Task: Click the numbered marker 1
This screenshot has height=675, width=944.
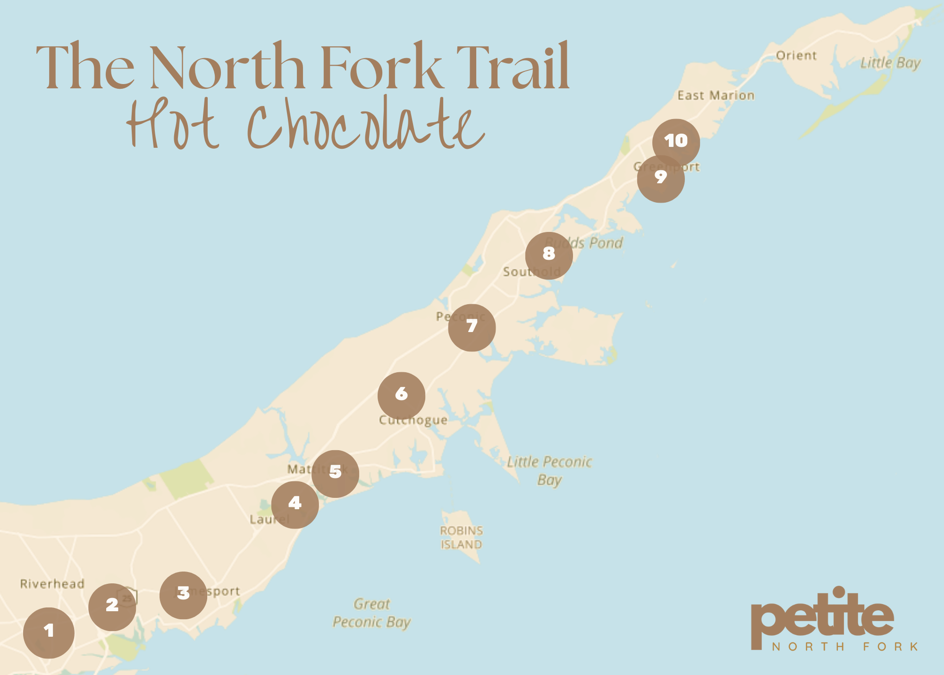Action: tap(49, 632)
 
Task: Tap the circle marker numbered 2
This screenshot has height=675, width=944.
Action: tap(112, 607)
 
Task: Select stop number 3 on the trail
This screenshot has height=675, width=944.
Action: tap(183, 595)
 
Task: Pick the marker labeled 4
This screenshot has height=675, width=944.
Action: tap(295, 504)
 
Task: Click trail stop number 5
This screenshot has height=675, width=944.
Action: tap(335, 473)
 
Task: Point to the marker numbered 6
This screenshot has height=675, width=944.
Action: tap(401, 395)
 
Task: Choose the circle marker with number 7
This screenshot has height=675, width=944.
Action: tap(472, 327)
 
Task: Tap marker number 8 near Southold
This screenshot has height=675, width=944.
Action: tap(548, 256)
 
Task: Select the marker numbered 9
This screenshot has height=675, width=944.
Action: tap(660, 179)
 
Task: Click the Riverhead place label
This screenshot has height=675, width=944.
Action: tap(52, 584)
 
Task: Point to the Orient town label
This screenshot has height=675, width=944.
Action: tap(796, 56)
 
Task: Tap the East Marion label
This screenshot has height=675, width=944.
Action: tap(716, 95)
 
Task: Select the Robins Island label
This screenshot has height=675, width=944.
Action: tap(461, 538)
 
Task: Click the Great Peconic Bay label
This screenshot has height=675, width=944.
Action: tap(371, 613)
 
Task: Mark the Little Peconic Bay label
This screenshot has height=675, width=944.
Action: tap(549, 470)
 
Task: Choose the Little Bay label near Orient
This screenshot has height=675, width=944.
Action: tap(890, 63)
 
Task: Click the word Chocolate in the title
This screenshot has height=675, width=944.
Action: tap(366, 124)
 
